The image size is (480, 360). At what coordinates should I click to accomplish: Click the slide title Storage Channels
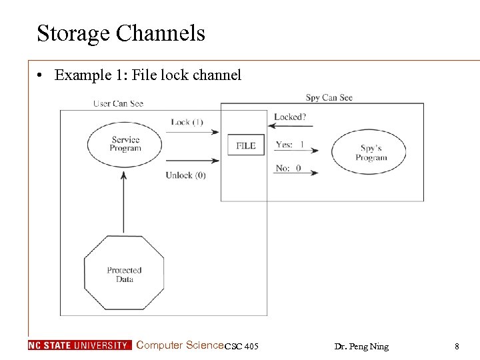121,33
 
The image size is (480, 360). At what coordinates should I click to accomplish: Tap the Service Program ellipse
125,144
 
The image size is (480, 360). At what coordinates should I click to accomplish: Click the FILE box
245,145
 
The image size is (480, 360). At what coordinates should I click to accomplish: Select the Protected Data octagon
124,275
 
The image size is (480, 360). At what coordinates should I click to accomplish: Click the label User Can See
118,103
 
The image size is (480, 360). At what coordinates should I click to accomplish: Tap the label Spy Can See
329,97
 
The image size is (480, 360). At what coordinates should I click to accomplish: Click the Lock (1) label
187,122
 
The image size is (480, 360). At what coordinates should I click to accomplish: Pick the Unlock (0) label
186,175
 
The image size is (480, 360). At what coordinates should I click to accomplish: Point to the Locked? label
291,117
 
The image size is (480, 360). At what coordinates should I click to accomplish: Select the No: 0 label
288,168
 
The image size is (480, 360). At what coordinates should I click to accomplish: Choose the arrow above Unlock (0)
192,160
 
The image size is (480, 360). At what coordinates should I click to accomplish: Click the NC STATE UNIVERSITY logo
79,345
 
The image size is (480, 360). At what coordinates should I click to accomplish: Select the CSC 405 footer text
241,346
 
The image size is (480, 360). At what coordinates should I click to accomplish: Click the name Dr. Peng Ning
361,346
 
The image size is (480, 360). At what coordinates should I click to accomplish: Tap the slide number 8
457,346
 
